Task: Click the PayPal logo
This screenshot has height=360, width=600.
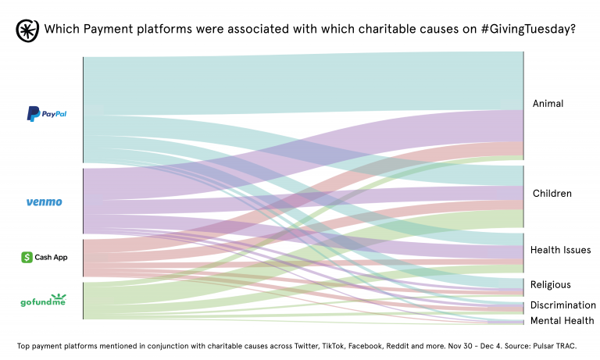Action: (47, 114)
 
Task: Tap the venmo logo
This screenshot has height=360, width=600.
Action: (44, 202)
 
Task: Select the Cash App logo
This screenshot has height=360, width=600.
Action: (45, 257)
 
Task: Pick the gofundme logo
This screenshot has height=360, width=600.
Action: (43, 300)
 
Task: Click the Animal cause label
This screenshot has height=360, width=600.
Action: (548, 104)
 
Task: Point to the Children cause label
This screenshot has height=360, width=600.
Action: (552, 194)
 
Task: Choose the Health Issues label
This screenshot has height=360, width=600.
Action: (560, 250)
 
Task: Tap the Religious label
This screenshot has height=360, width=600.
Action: (551, 285)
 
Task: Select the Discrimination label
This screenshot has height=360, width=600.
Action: (563, 305)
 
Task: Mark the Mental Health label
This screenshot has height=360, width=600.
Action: (562, 321)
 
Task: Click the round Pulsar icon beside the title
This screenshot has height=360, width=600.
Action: (28, 30)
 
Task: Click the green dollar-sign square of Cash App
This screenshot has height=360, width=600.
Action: (27, 257)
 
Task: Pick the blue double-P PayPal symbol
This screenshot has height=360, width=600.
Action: (33, 114)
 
